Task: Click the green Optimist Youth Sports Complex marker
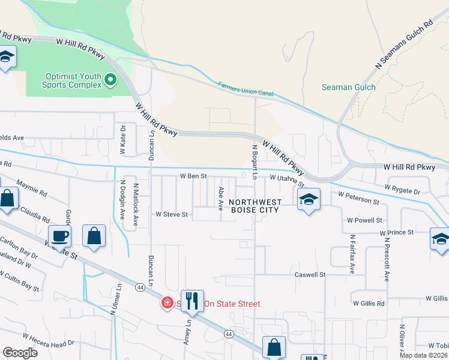click(110, 79)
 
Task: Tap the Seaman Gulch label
click(348, 88)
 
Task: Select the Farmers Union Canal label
click(245, 91)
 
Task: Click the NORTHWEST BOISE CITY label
click(255, 206)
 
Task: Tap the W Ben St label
click(193, 176)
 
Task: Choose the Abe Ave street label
click(221, 198)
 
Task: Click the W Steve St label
click(172, 214)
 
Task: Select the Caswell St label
click(309, 275)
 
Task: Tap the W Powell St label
click(364, 221)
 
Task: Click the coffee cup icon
click(60, 236)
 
